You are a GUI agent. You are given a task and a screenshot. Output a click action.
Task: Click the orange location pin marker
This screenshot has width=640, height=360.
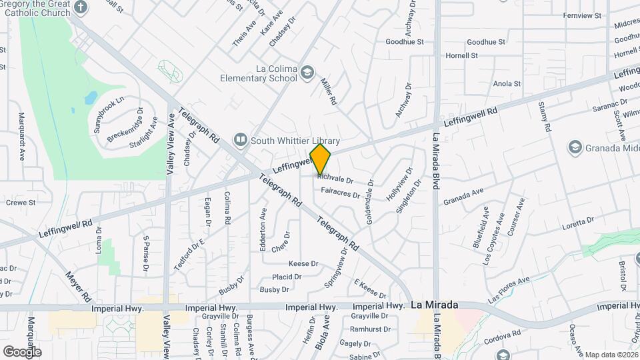click(320, 159)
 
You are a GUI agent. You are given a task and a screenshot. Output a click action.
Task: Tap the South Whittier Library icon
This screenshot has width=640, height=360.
click(240, 141)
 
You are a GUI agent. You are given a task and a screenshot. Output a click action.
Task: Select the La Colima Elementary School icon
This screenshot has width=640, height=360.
click(307, 72)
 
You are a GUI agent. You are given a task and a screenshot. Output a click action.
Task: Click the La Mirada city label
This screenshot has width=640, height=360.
click(434, 305)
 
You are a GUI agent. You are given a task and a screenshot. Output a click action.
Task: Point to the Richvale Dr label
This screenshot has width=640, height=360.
click(335, 179)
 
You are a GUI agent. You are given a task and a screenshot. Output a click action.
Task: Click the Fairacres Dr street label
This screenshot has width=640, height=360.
click(340, 195)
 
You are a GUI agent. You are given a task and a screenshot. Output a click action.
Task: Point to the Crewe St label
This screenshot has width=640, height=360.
click(21, 202)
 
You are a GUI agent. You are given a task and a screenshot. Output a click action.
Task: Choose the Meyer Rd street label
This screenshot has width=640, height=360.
click(78, 285)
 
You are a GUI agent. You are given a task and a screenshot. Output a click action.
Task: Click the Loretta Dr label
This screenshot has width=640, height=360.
click(577, 221)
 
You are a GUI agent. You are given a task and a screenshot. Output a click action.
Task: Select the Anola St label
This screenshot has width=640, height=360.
click(507, 84)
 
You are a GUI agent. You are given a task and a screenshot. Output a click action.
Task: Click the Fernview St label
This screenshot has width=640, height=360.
click(582, 15)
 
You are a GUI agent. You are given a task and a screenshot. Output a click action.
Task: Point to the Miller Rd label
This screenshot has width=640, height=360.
click(329, 91)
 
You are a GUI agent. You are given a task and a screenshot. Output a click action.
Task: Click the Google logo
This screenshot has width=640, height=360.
click(22, 351)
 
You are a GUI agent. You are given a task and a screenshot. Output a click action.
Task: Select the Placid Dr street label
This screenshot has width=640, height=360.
click(287, 277)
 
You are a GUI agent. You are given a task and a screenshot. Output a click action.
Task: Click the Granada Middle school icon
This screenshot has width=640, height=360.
click(574, 147)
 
